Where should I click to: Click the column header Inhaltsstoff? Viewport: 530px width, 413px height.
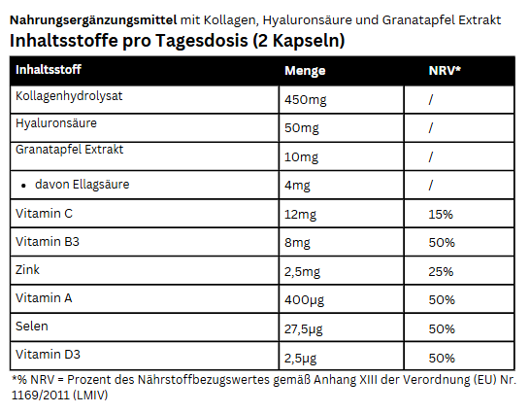click(x=49, y=69)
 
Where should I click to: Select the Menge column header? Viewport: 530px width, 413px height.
click(x=305, y=71)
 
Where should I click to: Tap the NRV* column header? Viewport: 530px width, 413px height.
click(x=445, y=70)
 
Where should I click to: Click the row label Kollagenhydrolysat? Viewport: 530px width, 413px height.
click(x=69, y=96)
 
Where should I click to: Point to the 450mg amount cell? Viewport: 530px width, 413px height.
click(x=306, y=100)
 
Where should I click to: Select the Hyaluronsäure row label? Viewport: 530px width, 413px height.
click(x=56, y=123)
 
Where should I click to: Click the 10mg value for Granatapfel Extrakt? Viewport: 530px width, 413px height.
click(x=301, y=157)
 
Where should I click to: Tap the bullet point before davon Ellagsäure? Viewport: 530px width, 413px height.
click(x=23, y=186)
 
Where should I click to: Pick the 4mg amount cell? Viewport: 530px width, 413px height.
click(x=297, y=186)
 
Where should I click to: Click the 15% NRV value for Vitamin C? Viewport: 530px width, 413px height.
click(x=441, y=215)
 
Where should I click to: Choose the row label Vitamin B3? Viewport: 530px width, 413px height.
click(x=48, y=242)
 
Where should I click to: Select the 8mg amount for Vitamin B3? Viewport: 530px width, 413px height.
click(x=297, y=243)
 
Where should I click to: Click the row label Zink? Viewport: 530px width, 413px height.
click(x=27, y=270)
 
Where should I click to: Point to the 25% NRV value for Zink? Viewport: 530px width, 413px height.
click(x=441, y=272)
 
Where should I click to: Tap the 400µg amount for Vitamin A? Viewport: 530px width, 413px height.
click(x=304, y=300)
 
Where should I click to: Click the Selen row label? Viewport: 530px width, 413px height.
click(x=32, y=327)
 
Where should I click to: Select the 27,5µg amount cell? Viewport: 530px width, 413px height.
click(x=304, y=329)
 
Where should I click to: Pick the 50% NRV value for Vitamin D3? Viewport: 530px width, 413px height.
click(x=442, y=359)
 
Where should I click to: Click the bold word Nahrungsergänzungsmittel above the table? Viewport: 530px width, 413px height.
click(x=93, y=20)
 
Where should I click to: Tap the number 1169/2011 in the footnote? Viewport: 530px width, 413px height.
click(x=41, y=395)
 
